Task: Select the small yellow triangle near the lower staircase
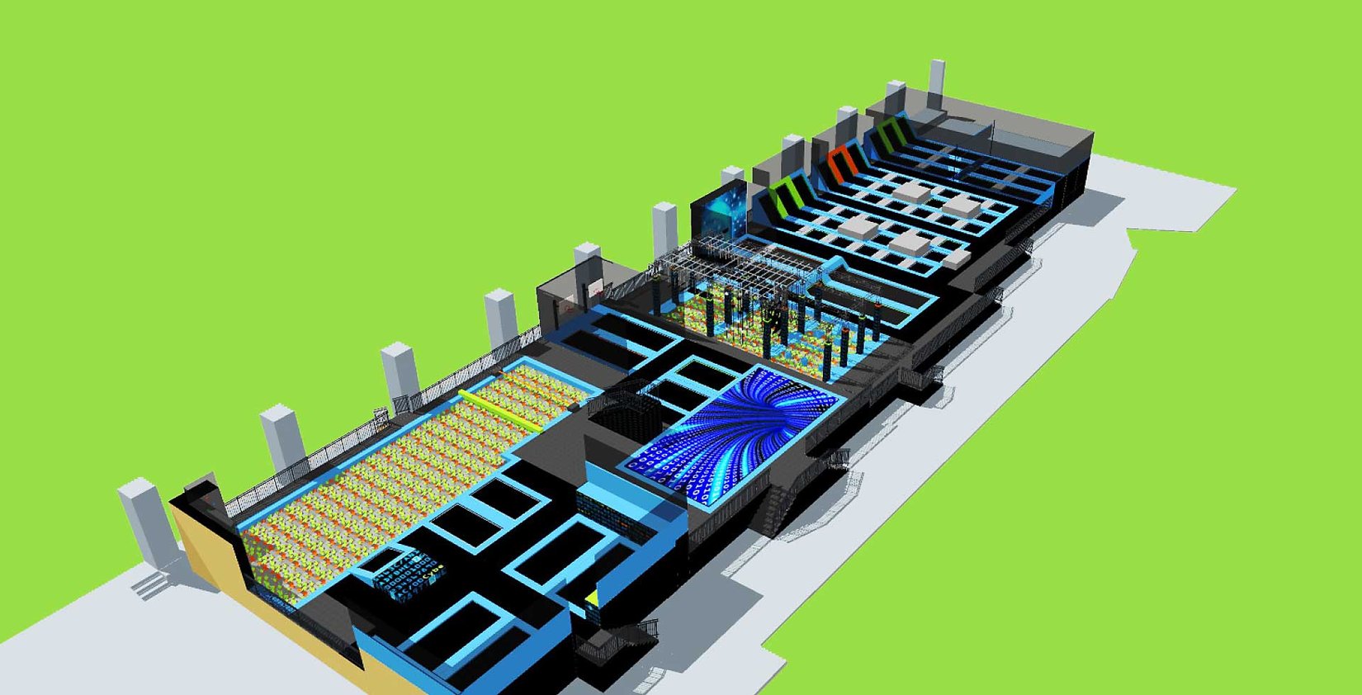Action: [592, 595]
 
